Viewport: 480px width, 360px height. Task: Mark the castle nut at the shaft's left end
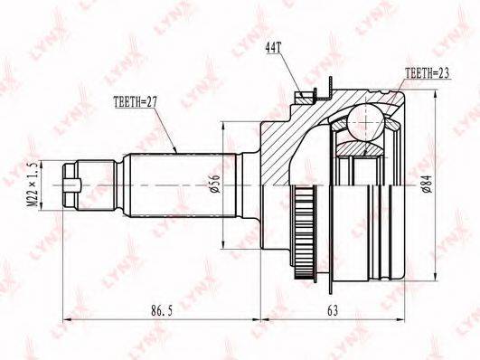[75, 185]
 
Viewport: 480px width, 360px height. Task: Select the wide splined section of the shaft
[179, 185]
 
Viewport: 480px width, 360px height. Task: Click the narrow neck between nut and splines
[106, 185]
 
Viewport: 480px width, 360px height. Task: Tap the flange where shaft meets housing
[250, 185]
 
